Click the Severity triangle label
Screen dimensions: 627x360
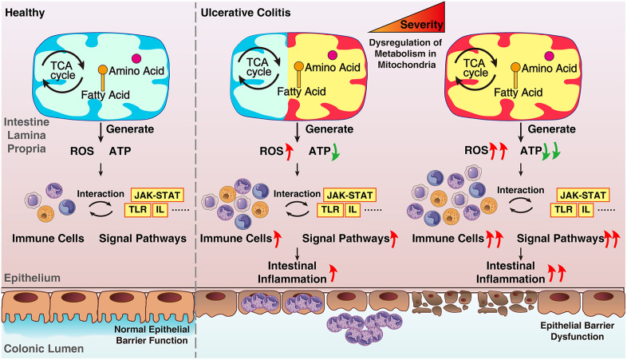tap(421, 25)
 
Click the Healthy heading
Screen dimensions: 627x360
tap(25, 13)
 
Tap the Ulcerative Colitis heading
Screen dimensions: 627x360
tap(246, 13)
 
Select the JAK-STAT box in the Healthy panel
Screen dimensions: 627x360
tap(157, 196)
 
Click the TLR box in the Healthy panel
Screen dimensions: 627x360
tap(138, 210)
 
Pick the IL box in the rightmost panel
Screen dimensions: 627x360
tap(586, 210)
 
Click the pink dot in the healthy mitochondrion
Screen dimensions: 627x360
tap(136, 58)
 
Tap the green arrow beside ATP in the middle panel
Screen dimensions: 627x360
tap(335, 152)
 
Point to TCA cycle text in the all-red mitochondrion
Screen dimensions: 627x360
tap(475, 68)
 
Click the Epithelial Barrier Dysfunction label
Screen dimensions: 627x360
tap(577, 331)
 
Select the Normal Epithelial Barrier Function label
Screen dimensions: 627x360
tap(152, 334)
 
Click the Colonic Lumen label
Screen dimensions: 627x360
tap(44, 349)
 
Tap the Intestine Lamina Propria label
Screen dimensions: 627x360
tap(27, 135)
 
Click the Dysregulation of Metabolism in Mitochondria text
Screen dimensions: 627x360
tap(406, 53)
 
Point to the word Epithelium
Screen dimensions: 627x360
tap(33, 278)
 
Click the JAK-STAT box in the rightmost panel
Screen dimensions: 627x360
tap(583, 196)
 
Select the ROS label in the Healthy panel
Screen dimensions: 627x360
tap(82, 151)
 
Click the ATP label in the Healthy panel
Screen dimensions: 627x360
tap(120, 151)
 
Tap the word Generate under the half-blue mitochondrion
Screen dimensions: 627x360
tap(329, 129)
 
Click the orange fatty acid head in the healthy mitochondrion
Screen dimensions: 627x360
tap(103, 70)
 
